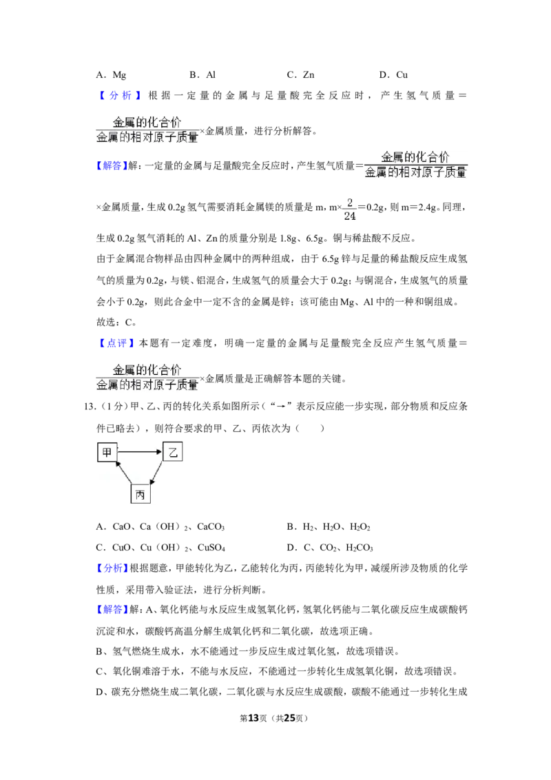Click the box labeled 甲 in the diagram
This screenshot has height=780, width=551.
(x=107, y=452)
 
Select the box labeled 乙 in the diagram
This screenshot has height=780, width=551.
(x=173, y=452)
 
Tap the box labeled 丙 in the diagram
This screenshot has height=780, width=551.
(x=141, y=494)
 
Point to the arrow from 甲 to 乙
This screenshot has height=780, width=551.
(x=140, y=452)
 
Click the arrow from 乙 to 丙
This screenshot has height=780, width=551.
(x=156, y=473)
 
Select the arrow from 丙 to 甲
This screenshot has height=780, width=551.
(x=124, y=473)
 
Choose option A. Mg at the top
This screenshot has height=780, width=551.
(x=111, y=75)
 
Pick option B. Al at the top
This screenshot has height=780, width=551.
(x=202, y=74)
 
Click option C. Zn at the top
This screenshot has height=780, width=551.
(x=300, y=74)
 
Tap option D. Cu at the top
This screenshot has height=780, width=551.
(x=393, y=74)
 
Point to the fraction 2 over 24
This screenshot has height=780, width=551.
(x=350, y=209)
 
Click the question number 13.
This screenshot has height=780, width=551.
(x=90, y=407)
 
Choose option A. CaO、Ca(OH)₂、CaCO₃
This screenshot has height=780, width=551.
(x=160, y=526)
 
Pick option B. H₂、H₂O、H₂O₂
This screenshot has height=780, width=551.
(x=329, y=526)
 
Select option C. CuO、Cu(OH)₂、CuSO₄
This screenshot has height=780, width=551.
(x=160, y=547)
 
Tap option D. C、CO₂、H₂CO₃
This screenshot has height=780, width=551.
(x=330, y=547)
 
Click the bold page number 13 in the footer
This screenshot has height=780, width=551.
(x=253, y=718)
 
